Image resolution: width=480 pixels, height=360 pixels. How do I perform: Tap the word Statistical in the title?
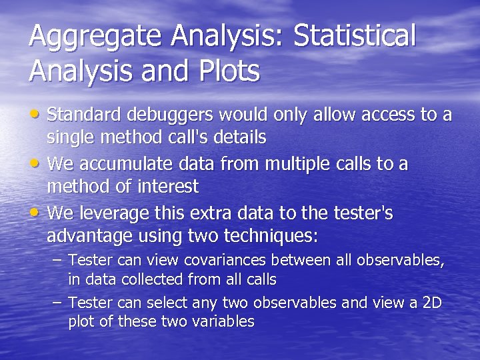click(354, 36)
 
